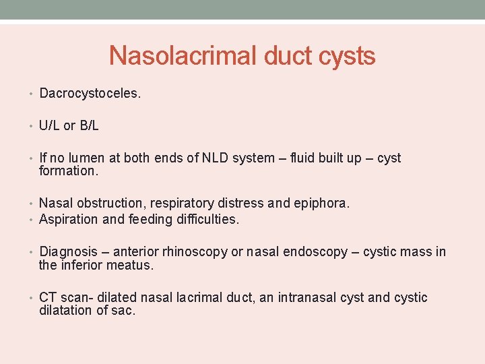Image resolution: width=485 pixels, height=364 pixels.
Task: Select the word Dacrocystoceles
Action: [90, 94]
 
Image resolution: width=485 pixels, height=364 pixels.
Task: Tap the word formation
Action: [68, 171]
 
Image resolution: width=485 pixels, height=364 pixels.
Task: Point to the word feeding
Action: [146, 219]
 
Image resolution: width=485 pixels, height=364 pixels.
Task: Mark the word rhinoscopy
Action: [191, 252]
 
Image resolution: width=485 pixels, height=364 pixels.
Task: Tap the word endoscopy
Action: [315, 252]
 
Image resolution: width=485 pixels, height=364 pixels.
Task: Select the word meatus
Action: [132, 265]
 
